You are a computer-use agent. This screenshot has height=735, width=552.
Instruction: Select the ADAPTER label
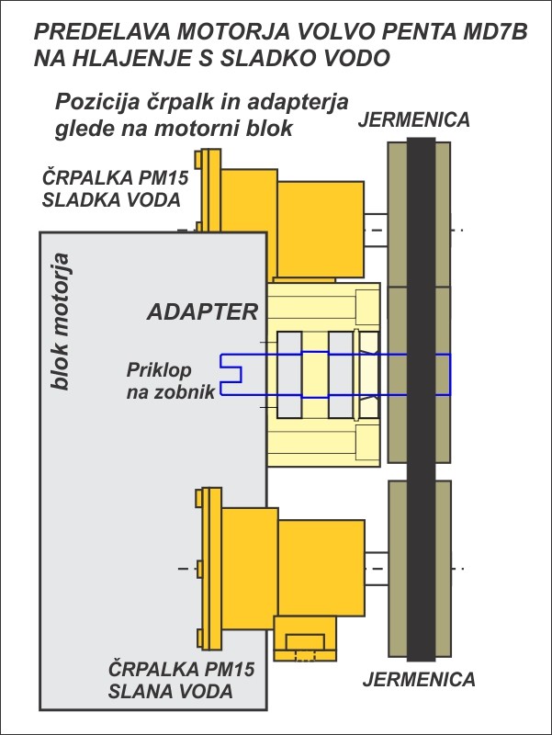point(203,311)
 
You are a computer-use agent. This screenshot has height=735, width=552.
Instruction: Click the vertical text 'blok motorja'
point(61,322)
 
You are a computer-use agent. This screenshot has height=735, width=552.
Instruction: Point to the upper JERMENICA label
point(413,119)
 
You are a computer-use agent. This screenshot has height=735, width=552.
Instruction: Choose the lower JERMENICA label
point(419,679)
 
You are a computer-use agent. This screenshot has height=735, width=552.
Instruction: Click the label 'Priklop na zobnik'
point(171,380)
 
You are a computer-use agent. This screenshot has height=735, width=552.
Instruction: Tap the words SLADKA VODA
point(111,200)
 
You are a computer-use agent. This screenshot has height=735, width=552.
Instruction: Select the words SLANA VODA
point(171,691)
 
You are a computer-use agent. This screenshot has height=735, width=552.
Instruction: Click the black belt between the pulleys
point(421,399)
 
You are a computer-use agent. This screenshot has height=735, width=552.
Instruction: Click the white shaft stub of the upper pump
point(376,230)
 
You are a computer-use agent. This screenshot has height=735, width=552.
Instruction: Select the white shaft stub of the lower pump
point(377,568)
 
